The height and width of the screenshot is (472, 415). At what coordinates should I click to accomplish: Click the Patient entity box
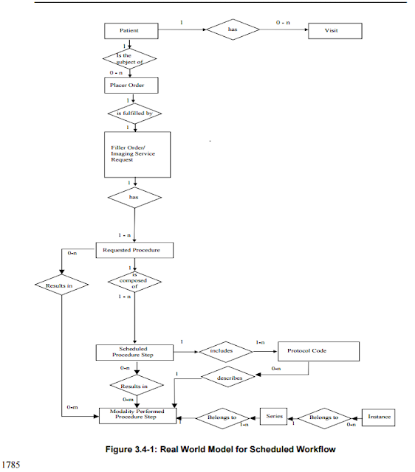click(129, 31)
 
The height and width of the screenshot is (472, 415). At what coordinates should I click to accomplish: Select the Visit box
click(333, 31)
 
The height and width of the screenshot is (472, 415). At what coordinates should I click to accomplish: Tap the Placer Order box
click(129, 85)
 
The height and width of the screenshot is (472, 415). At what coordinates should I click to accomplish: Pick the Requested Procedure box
click(135, 251)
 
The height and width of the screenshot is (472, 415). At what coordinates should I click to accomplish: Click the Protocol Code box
click(318, 351)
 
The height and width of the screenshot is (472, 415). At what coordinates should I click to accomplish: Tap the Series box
click(275, 417)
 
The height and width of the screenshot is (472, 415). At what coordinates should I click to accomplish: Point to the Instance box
click(379, 417)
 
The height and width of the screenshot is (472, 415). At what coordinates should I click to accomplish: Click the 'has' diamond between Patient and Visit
click(232, 30)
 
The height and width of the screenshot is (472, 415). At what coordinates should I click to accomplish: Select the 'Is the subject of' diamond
click(129, 58)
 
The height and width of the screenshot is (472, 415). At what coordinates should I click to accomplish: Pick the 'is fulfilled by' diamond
click(134, 114)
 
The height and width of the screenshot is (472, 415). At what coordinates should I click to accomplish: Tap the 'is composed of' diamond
click(134, 282)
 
